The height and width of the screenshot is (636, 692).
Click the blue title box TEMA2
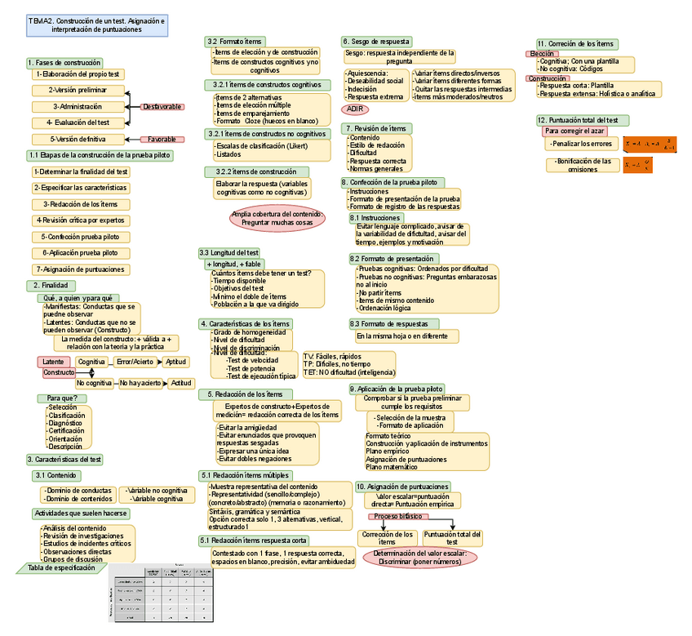coord(97,24)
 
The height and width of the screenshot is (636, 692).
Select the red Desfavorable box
coord(162,107)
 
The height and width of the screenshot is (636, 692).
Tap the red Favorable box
coord(162,140)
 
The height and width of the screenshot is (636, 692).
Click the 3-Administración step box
coord(78,107)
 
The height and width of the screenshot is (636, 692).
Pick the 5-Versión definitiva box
coord(78,140)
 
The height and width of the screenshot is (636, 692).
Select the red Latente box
coord(53,362)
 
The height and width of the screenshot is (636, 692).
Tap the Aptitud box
coord(175,362)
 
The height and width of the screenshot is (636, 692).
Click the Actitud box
coord(181,383)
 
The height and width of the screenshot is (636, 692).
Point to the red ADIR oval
coord(354,109)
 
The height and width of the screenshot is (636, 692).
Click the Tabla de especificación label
coord(61,567)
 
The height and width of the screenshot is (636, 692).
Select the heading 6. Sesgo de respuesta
coord(376,42)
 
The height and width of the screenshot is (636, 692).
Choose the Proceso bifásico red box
coord(398,517)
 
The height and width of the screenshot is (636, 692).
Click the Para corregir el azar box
coord(574,131)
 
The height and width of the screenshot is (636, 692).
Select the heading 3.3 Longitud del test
coord(229,253)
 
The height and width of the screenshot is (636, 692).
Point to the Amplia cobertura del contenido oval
coord(277,218)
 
